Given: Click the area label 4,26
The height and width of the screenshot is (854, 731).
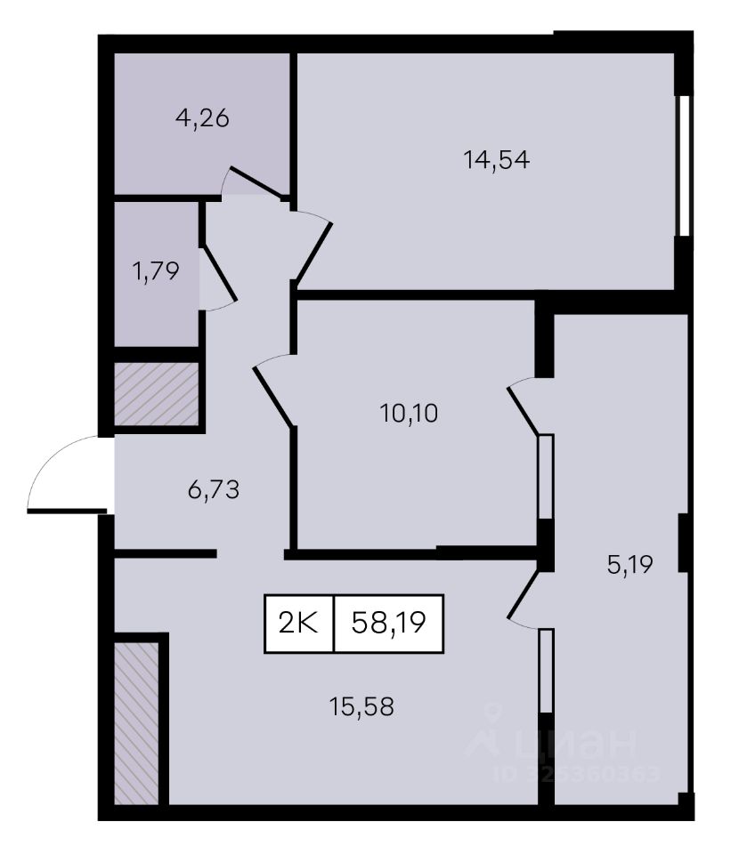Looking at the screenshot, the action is [202, 118].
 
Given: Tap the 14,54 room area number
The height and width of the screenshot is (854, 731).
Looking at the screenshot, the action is [496, 160].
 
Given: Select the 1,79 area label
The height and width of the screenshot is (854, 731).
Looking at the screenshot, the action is [156, 270].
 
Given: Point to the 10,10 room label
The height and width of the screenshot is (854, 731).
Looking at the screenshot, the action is [409, 414].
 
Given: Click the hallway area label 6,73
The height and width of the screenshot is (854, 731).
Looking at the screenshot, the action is [214, 490].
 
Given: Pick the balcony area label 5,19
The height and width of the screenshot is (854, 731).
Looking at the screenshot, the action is [630, 565].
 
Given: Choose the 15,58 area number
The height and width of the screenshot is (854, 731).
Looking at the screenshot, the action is [361, 707].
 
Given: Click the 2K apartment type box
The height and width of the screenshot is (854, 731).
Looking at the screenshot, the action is [299, 624].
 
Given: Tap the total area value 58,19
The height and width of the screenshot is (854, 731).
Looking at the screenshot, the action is [389, 623].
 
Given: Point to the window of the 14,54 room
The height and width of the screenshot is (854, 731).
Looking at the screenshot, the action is [682, 165].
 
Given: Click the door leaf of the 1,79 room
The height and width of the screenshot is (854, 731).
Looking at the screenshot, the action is [219, 274].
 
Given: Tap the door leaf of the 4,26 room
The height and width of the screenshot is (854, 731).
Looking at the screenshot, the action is [256, 181].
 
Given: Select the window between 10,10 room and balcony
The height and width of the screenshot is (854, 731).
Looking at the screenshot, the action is [546, 477].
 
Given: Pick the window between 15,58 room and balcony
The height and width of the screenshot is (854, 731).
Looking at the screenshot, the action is [546, 671].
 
